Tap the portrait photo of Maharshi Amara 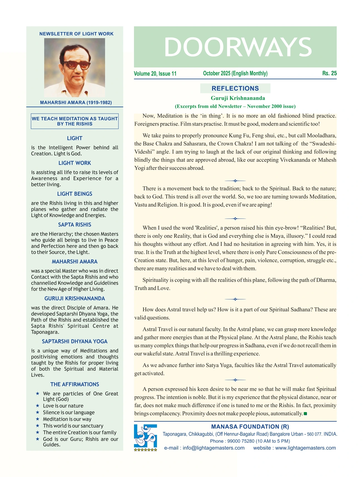[74, 67]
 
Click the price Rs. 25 [329, 73]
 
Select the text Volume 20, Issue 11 [155, 74]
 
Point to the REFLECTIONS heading [235, 88]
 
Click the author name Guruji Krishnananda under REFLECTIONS [238, 98]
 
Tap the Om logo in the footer [145, 436]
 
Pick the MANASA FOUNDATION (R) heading [250, 427]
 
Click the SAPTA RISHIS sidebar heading [74, 224]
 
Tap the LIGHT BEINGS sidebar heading [74, 194]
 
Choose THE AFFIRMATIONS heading [74, 384]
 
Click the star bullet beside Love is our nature [38, 406]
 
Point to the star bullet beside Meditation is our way [38, 419]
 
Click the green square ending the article [305, 414]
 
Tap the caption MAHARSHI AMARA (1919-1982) [76, 102]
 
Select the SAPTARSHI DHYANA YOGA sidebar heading [74, 341]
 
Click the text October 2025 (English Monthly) [235, 73]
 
